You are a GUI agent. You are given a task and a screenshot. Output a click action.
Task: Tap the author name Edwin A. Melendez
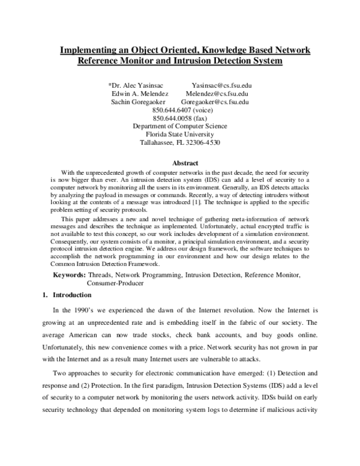[x=140, y=94]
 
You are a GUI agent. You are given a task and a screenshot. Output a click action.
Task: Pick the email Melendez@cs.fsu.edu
[x=218, y=94]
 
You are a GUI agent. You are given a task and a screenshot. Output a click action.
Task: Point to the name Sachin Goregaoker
[x=140, y=102]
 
